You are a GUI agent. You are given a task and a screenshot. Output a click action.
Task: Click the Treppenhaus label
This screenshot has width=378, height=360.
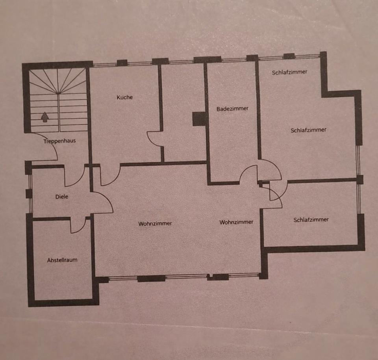tap(59, 141)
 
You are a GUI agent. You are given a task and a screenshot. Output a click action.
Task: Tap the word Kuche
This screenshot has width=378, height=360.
tap(124, 97)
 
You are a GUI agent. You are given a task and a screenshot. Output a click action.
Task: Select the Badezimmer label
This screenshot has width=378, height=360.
tap(232, 108)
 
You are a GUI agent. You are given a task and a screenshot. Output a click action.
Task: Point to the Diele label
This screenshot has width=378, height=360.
tap(61, 196)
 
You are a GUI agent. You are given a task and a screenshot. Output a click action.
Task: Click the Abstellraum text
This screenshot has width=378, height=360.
tap(62, 260)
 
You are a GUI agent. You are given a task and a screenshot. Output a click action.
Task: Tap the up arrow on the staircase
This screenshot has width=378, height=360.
tap(45, 117)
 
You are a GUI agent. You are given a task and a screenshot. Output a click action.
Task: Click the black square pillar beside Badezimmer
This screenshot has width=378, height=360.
tap(199, 119)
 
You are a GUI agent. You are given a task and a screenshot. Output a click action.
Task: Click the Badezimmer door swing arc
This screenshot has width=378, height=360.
tap(248, 173)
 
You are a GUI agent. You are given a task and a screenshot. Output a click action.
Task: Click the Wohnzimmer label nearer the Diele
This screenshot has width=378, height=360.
tap(155, 223)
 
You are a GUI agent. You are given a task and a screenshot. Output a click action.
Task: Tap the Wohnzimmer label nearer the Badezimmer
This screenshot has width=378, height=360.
tap(236, 222)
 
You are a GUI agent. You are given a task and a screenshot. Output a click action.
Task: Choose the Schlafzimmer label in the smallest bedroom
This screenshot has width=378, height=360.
tap(311, 220)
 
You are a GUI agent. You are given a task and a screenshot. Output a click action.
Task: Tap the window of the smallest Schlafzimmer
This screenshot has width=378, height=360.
tap(359, 199)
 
